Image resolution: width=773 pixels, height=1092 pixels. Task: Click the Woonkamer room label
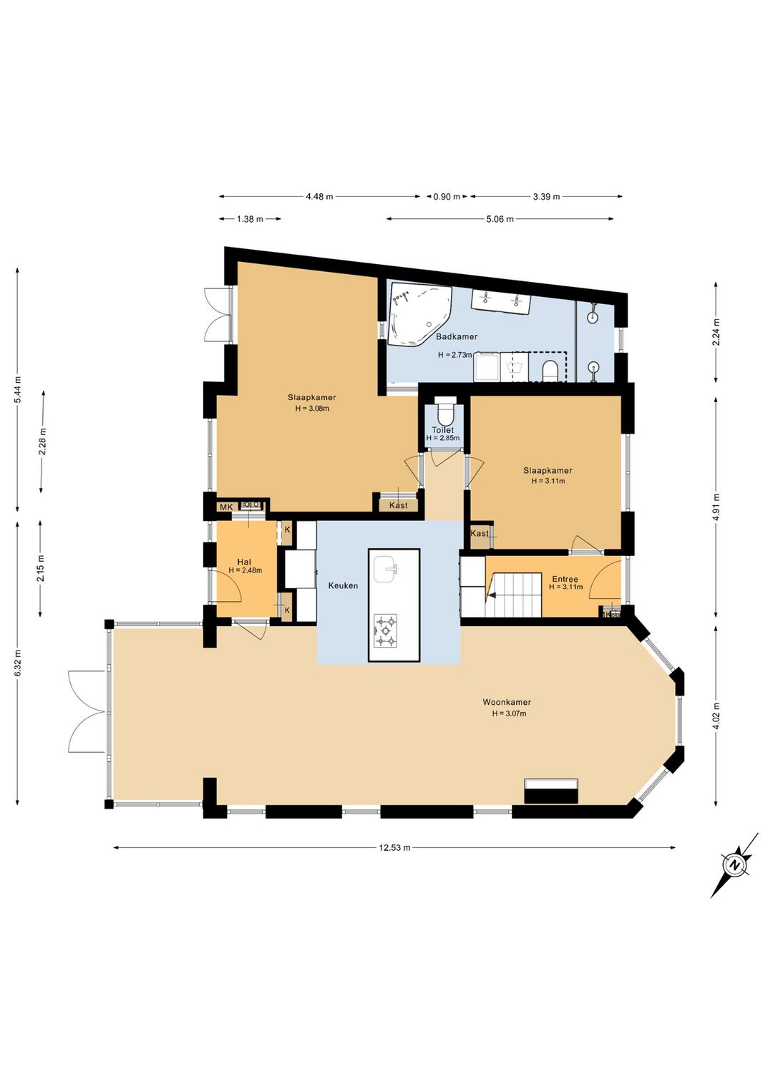507,703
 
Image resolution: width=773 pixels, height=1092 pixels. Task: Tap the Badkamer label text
457,336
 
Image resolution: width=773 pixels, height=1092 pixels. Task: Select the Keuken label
343,586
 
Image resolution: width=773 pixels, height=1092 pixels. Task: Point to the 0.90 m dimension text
447,197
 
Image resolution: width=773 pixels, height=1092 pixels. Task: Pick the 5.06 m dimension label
500,220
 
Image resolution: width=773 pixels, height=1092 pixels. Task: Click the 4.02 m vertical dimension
716,716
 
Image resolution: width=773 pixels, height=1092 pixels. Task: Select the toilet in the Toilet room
445,413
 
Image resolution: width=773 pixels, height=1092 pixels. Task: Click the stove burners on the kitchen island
386,631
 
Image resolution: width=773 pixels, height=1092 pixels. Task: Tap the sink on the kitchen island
386,569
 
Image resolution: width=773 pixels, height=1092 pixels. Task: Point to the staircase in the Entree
514,595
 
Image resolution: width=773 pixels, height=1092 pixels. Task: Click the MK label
225,507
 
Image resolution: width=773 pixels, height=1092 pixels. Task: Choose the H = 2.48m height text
245,570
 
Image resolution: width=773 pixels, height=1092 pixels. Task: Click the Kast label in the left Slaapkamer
399,505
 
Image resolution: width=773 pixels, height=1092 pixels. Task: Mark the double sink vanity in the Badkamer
500,299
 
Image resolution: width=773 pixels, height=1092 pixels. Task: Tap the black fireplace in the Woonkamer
550,791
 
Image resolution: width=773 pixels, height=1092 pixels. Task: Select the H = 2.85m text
443,438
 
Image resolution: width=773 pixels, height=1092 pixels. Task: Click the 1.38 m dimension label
250,220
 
